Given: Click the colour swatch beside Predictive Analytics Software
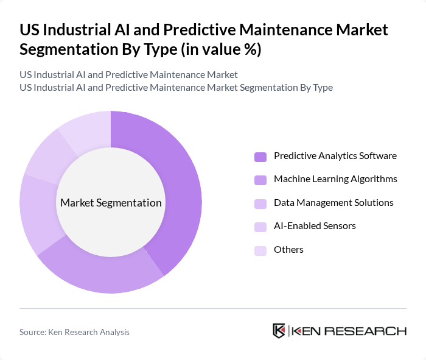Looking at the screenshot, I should [260, 157].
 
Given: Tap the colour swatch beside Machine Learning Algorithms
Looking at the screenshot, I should [260, 180].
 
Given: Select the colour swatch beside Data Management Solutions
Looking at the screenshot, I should [260, 203].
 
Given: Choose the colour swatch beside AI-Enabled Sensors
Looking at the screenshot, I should [260, 227].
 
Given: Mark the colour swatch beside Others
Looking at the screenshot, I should [260, 250].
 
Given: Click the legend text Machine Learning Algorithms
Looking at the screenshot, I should [335, 179].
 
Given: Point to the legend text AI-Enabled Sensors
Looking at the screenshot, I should [315, 226].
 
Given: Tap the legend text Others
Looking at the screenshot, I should [288, 250].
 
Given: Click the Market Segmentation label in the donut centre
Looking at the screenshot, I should [111, 203].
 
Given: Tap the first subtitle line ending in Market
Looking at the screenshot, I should [128, 75].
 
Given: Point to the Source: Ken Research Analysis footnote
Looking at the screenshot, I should [74, 332].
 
